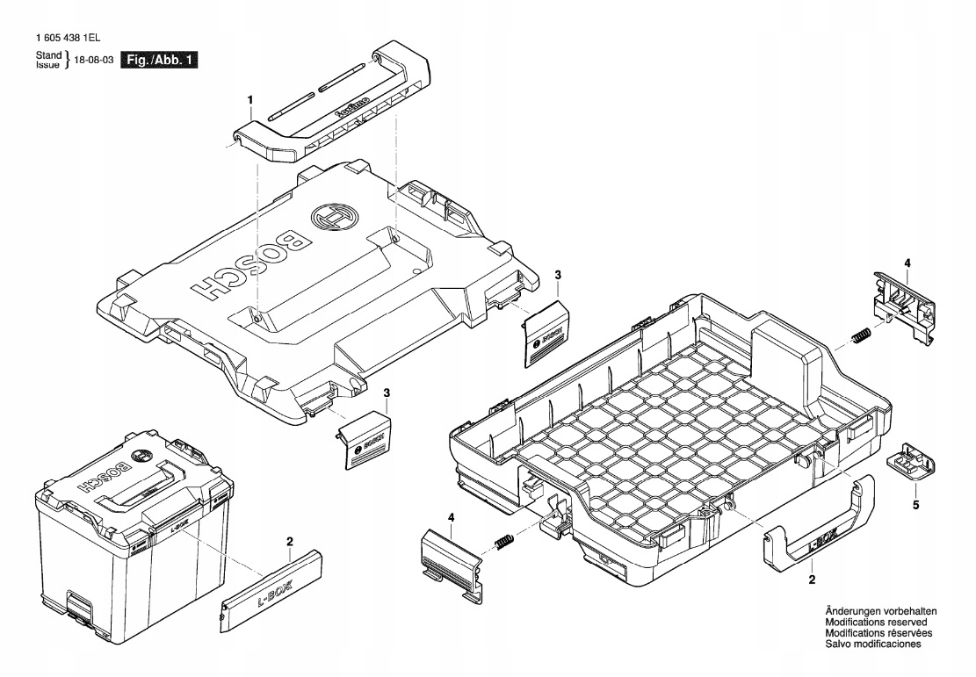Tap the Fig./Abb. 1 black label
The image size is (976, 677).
point(159,61)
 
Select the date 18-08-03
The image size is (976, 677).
point(95,61)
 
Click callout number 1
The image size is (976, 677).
point(250,100)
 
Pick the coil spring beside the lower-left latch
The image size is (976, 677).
point(504,544)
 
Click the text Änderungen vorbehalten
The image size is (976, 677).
point(880,611)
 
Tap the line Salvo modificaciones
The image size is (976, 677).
point(871,644)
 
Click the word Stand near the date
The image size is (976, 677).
point(47,56)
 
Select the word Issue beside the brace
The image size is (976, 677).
point(47,65)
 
